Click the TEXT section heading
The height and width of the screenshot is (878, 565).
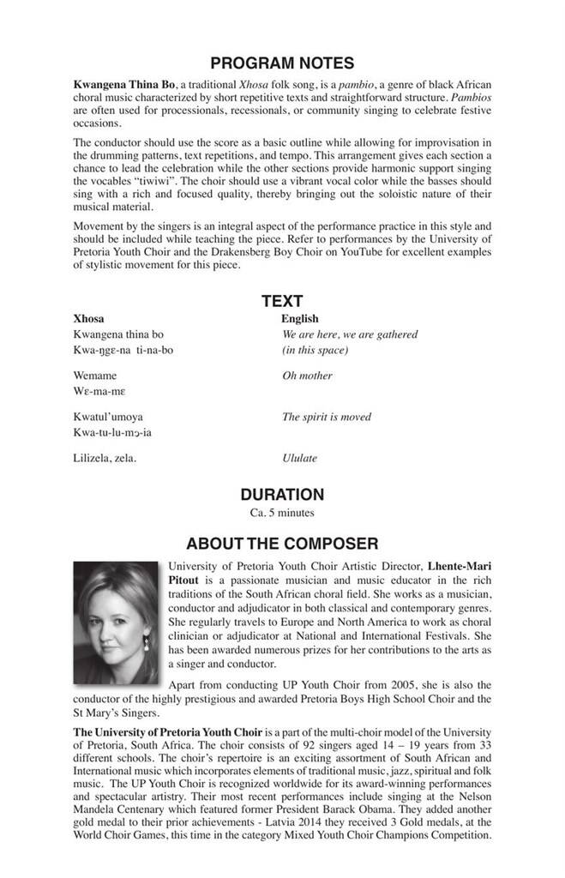282,301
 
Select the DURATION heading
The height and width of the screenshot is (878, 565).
282,495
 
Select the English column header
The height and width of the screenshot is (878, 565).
300,319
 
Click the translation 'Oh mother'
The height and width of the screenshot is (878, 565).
307,376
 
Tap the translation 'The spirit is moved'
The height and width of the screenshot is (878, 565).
327,418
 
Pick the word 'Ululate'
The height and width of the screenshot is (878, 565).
299,459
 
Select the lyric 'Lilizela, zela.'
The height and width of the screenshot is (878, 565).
105,459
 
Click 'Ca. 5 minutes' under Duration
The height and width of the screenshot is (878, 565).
282,513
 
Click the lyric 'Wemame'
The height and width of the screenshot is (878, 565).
95,376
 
